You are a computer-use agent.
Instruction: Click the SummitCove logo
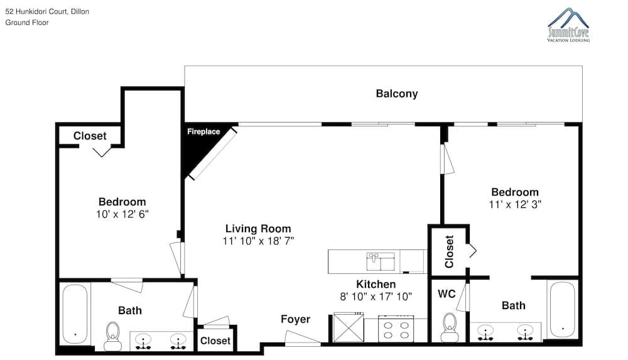point(568,25)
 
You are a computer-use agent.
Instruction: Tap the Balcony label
point(396,94)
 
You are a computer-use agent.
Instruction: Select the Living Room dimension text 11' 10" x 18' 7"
point(258,241)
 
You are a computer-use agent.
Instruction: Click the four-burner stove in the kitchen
point(396,330)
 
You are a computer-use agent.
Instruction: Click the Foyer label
point(295,319)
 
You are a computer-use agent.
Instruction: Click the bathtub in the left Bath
point(75,314)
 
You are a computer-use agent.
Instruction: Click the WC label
point(447,294)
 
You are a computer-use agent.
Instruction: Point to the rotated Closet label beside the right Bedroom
point(449,251)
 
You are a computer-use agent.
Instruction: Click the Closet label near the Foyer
point(215,341)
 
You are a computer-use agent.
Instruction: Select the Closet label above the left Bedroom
point(90,136)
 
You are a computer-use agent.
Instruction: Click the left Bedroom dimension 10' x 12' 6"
point(122,214)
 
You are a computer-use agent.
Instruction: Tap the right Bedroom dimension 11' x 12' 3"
point(515,204)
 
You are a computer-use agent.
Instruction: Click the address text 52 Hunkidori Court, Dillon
point(47,11)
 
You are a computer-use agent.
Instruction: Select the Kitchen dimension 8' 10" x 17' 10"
point(376,297)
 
